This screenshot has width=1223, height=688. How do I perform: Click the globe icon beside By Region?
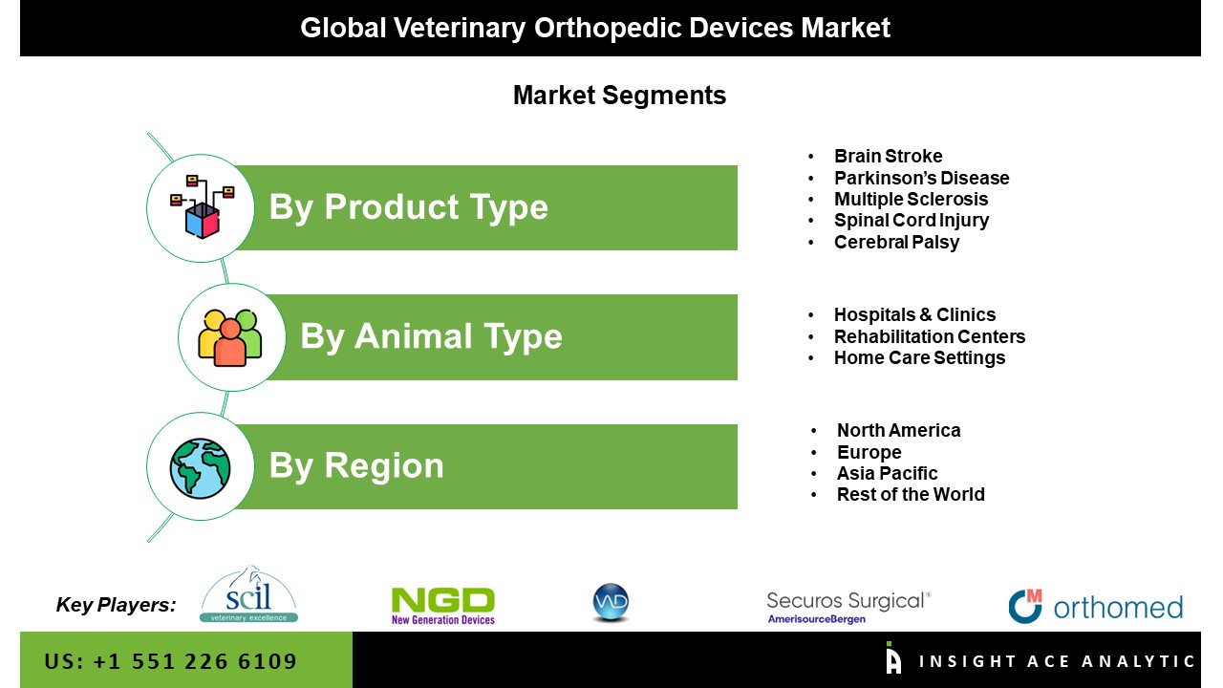tap(200, 468)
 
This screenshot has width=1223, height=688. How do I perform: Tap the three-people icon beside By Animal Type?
tap(230, 338)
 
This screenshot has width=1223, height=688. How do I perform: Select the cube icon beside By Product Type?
tap(203, 207)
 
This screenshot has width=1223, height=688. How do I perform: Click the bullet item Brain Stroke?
tap(889, 156)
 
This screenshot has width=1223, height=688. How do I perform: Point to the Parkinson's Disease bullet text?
tap(922, 178)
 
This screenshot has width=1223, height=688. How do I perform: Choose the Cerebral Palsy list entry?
tap(896, 242)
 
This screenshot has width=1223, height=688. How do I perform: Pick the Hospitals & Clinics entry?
tap(915, 315)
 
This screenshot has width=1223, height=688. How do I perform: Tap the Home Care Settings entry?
tap(919, 357)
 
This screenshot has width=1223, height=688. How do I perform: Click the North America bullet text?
tap(899, 430)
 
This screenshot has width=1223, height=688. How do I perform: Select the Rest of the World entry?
tap(911, 494)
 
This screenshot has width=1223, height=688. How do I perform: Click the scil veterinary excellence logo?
tap(249, 594)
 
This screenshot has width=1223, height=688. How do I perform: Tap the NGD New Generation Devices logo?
tap(443, 606)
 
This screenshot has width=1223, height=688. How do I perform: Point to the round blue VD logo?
tap(611, 603)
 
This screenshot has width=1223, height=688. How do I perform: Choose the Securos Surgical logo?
tap(848, 607)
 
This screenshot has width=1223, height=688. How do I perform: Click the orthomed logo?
tap(1096, 606)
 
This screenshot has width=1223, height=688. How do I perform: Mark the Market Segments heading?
tap(620, 96)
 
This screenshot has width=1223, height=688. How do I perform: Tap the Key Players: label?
tap(117, 605)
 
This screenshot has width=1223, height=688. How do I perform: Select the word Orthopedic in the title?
tap(608, 29)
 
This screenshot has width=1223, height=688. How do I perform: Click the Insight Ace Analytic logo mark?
tap(893, 658)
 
